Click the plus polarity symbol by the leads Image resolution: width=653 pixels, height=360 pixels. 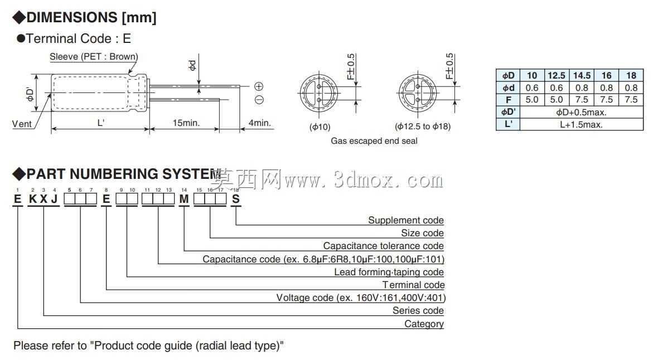(259, 86)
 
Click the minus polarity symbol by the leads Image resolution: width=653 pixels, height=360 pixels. (259, 100)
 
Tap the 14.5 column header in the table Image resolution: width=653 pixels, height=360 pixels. (582, 75)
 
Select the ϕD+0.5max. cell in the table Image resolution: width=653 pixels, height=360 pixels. (582, 112)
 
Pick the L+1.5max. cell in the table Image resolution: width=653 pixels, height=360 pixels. (582, 124)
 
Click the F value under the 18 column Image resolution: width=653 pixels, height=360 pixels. (631, 100)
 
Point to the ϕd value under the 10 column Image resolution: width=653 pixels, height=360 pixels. (532, 88)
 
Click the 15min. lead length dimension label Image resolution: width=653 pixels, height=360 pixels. (186, 123)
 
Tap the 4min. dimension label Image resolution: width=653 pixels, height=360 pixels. (259, 123)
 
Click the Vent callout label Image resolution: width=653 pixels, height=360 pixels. (22, 124)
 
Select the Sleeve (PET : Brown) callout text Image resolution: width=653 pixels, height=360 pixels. (94, 57)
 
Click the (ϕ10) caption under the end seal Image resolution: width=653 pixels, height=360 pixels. (320, 127)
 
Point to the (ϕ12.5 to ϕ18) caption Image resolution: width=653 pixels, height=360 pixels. (423, 126)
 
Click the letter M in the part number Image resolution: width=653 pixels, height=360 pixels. (183, 200)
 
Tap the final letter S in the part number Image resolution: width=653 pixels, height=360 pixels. (236, 200)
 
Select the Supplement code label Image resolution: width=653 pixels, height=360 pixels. (405, 220)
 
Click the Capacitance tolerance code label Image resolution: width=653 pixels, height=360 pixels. (383, 246)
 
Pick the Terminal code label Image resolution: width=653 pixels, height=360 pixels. (414, 285)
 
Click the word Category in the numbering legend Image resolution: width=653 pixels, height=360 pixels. (424, 324)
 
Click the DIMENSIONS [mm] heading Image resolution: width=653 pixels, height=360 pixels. (91, 17)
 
